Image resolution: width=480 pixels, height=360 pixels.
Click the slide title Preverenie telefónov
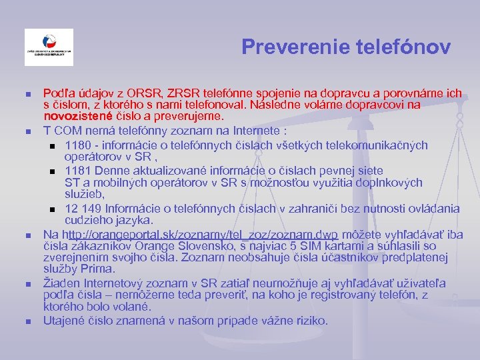click(x=346, y=47)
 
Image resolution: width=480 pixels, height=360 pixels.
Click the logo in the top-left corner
click(x=49, y=47)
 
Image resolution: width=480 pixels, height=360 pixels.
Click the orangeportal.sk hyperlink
click(x=200, y=235)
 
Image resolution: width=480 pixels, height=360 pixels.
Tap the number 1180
click(x=79, y=145)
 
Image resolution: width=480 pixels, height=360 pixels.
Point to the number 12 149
click(x=85, y=209)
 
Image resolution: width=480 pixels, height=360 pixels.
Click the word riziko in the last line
click(x=309, y=321)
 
